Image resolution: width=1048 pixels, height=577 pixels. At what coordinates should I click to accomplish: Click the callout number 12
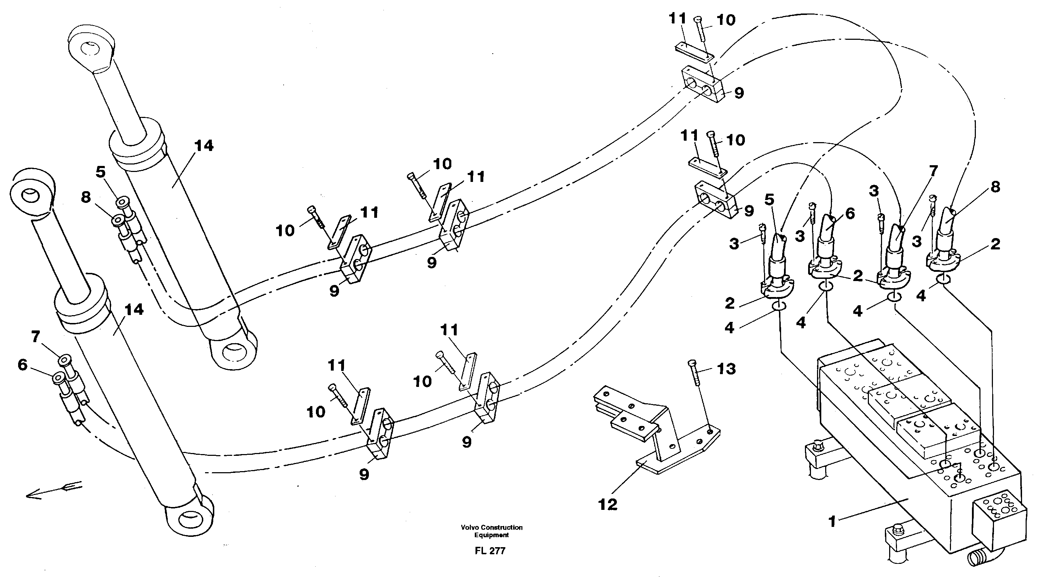pos(607,505)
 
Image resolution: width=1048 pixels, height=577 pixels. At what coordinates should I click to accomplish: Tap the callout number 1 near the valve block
pos(832,521)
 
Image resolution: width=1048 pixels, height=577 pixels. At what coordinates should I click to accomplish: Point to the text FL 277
pos(490,551)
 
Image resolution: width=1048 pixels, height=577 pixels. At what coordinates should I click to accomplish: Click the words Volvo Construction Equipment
pos(491,531)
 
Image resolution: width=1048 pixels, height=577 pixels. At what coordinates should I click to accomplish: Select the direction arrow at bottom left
pos(53,491)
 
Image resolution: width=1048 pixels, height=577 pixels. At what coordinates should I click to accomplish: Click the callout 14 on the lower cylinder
pos(134,310)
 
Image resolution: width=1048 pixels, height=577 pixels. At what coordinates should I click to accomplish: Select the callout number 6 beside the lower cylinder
pos(22,365)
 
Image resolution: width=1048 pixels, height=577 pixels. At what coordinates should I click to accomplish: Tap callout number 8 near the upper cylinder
pos(86,198)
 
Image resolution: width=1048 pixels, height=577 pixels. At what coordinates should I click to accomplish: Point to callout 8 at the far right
pos(995,187)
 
